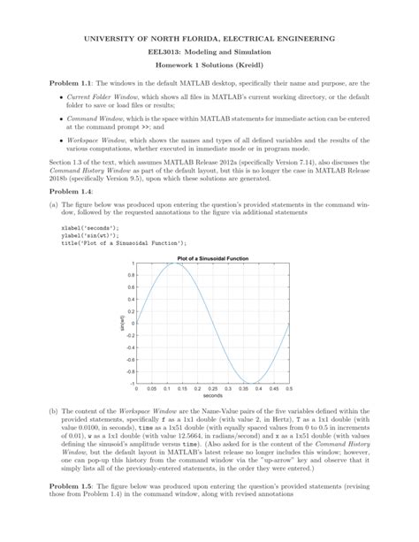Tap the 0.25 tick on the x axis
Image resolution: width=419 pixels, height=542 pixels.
(211, 388)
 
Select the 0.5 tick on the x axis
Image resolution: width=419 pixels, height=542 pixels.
(288, 388)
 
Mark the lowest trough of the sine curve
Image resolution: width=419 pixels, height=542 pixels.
(250, 383)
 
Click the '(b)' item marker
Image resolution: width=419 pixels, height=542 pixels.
(53, 411)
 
